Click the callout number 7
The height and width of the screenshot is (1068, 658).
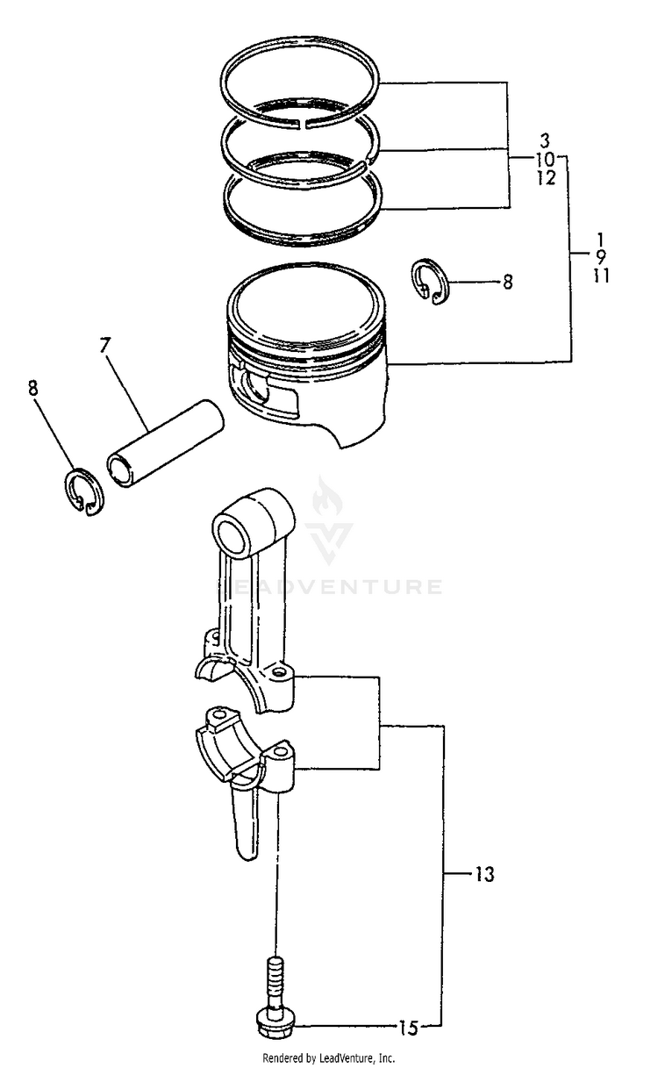pyautogui.click(x=105, y=344)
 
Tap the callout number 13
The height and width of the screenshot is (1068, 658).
pyautogui.click(x=484, y=874)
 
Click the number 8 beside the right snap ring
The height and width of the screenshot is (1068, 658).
pyautogui.click(x=507, y=283)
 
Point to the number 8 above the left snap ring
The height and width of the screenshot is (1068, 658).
pyautogui.click(x=34, y=388)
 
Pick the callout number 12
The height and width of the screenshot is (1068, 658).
pyautogui.click(x=544, y=178)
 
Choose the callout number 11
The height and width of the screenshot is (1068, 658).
pyautogui.click(x=601, y=276)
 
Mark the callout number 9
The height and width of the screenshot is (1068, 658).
pyautogui.click(x=601, y=256)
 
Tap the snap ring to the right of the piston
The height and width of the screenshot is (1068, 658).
pyautogui.click(x=429, y=284)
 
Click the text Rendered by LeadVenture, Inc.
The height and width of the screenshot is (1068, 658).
pyautogui.click(x=328, y=1058)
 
